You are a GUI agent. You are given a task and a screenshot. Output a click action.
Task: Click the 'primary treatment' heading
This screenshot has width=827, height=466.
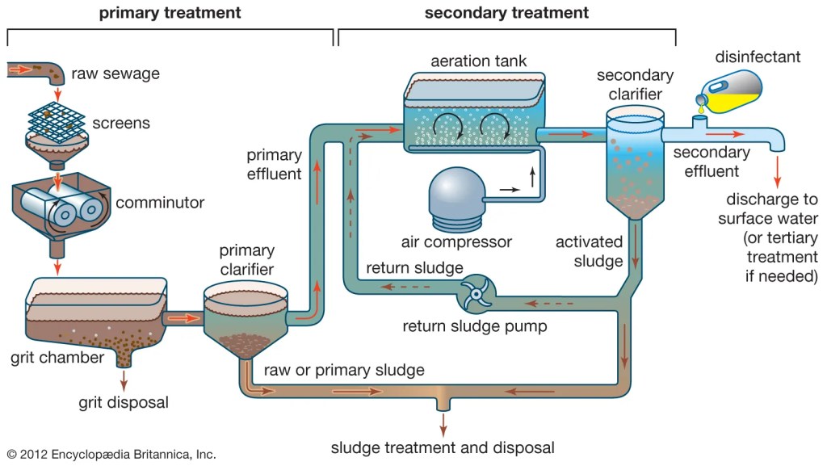[x=170, y=13]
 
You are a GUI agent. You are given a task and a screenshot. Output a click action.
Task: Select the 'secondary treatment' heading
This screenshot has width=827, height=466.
[x=506, y=13]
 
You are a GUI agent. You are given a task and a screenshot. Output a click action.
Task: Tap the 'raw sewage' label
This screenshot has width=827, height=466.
[x=115, y=73]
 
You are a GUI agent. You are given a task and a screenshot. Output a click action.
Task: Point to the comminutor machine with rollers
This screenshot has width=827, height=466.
[x=61, y=202]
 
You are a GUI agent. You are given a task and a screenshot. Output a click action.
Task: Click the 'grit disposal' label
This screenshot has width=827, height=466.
[x=124, y=401]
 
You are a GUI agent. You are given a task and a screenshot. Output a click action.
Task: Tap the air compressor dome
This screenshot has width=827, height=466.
[x=456, y=197]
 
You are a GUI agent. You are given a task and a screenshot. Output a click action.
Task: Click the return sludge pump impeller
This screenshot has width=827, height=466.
[x=476, y=295]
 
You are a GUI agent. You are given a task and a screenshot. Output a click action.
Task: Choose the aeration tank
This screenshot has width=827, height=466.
[x=470, y=113]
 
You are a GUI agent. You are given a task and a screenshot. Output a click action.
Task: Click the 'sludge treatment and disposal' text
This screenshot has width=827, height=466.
[x=443, y=447]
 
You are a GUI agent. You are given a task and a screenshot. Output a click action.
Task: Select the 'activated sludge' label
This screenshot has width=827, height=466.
[x=590, y=251]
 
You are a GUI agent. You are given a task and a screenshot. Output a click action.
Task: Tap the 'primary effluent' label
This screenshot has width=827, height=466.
[x=274, y=164]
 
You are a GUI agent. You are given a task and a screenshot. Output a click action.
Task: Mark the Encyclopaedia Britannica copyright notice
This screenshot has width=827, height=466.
[x=111, y=454]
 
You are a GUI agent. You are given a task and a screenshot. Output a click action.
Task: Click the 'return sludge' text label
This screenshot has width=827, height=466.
[x=414, y=268]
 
